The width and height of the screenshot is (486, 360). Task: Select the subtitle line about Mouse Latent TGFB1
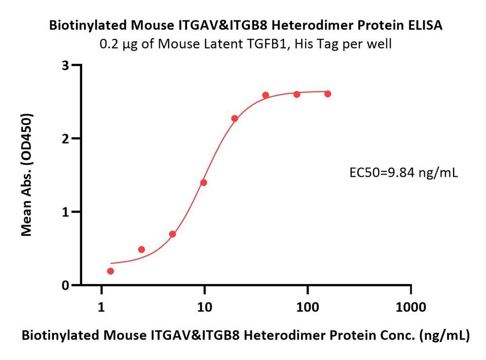click(245, 44)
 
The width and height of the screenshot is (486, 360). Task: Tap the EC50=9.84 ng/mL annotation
click(403, 172)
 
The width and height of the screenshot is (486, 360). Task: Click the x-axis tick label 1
click(102, 307)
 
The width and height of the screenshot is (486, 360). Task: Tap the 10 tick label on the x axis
click(205, 307)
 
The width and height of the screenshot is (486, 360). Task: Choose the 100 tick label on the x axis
click(308, 307)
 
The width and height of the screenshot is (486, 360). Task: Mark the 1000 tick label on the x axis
click(411, 307)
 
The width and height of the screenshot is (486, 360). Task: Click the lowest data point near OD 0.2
click(111, 271)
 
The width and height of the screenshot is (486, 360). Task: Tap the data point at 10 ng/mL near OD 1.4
click(204, 182)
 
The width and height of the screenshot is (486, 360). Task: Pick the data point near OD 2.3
click(235, 118)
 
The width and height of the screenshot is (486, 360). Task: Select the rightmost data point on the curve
click(328, 93)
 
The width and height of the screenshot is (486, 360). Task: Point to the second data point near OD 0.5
click(141, 250)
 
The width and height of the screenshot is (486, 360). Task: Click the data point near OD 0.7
click(173, 234)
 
